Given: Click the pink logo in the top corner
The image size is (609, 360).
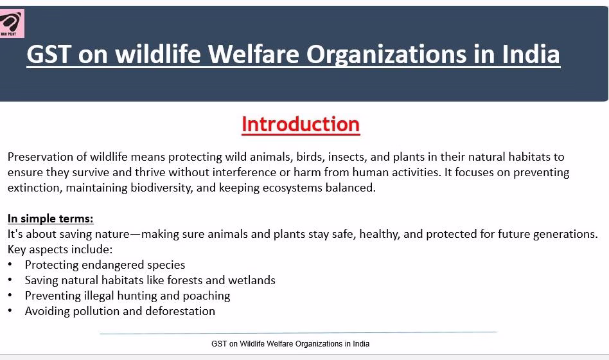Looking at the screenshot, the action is click(x=12, y=23).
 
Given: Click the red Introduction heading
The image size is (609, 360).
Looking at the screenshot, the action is click(x=301, y=125).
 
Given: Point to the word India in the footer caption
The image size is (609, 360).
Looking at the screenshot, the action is click(x=361, y=344).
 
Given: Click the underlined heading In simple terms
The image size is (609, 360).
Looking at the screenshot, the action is click(x=51, y=219).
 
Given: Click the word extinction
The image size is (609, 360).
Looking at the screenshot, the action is click(x=35, y=188).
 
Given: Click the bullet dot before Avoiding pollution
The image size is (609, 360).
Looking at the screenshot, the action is click(x=10, y=310).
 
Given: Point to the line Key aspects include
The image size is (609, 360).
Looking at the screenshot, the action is click(x=60, y=249).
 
